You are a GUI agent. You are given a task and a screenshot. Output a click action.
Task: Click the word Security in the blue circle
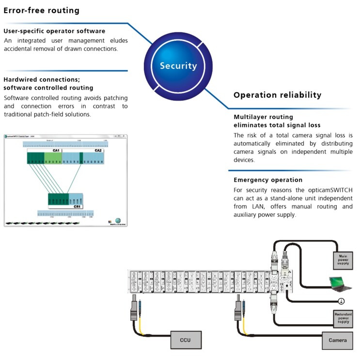pyautogui.click(x=178, y=66)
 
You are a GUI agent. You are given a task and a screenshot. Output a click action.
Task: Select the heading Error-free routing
pyautogui.click(x=42, y=10)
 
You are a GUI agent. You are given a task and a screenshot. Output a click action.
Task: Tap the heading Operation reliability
pyautogui.click(x=277, y=95)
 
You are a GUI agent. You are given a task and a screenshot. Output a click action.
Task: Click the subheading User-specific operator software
pyautogui.click(x=54, y=31)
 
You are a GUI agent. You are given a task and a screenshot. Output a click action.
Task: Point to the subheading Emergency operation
pyautogui.click(x=268, y=180)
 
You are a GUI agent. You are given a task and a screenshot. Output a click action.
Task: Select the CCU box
pyautogui.click(x=185, y=340)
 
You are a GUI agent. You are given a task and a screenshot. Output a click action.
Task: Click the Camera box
pyautogui.click(x=337, y=340)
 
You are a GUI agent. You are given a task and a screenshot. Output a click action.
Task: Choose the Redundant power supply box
pyautogui.click(x=343, y=317)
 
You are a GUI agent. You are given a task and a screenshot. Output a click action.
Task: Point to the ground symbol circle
pyautogui.click(x=341, y=301)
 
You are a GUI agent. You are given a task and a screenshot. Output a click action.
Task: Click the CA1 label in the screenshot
pyautogui.click(x=56, y=150)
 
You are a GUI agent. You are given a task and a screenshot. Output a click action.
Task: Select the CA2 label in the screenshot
pyautogui.click(x=98, y=150)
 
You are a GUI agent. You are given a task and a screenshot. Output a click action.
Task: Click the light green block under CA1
pyautogui.click(x=53, y=158)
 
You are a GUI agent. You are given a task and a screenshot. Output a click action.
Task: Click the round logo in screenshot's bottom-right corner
pyautogui.click(x=117, y=220)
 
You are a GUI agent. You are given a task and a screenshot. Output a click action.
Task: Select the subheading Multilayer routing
pyautogui.click(x=263, y=117)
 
